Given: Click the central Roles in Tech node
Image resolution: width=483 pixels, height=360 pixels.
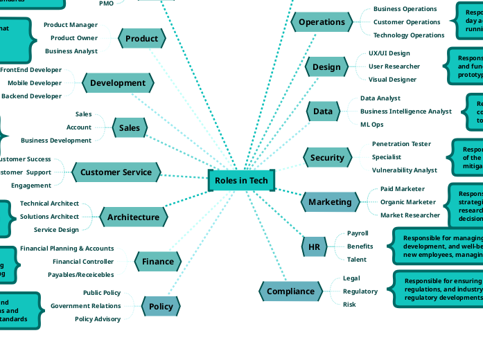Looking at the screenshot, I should [241, 180].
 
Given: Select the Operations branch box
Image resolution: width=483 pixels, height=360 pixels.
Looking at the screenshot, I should [322, 22].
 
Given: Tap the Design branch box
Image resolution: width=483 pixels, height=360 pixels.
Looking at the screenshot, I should [326, 67].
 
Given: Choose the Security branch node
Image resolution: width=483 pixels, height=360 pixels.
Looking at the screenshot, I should [327, 158].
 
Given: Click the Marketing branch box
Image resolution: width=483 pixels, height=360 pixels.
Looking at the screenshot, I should [330, 202].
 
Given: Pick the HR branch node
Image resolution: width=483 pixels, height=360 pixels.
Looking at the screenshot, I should [314, 246].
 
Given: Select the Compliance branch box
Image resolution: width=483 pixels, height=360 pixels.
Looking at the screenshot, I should [290, 291].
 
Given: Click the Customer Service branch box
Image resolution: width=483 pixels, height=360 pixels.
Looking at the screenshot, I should [116, 172].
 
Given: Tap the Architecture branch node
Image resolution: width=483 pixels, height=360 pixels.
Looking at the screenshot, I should [133, 217].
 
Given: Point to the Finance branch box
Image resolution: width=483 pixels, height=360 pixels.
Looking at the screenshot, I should [158, 262].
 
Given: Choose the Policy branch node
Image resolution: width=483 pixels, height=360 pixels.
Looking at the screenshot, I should [161, 306].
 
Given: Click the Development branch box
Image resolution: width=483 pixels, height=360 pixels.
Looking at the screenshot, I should [118, 83].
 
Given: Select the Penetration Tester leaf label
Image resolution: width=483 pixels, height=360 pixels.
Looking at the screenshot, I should [401, 144].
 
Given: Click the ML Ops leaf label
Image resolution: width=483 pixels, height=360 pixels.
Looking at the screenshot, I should [371, 125].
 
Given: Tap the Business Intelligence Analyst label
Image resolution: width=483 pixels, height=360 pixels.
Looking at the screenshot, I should [405, 111].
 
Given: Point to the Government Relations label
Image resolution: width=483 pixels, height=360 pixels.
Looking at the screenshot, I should [85, 306].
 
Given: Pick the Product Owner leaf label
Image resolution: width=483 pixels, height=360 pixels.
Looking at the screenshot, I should [73, 38].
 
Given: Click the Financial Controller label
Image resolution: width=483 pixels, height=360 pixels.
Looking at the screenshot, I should [82, 262].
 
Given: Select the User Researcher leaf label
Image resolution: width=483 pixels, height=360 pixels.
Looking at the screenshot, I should [394, 66].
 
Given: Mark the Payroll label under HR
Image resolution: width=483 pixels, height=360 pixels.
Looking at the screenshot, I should [358, 233].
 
